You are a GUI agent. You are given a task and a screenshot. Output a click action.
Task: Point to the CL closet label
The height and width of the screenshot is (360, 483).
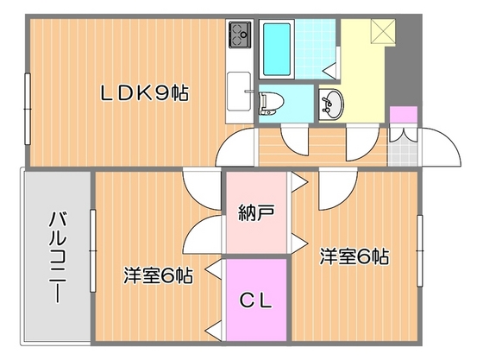tap(255, 301)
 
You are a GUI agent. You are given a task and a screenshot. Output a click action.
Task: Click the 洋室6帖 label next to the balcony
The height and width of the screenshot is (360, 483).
tap(157, 276)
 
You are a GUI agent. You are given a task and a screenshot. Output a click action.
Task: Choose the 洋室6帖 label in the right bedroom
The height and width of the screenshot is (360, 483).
tap(354, 256)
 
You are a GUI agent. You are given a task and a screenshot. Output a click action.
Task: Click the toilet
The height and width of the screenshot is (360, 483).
tap(269, 100)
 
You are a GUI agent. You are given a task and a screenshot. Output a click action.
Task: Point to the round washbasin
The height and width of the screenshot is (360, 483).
tap(329, 104)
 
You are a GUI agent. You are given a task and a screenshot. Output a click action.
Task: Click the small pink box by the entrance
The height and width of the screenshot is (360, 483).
tap(401, 116)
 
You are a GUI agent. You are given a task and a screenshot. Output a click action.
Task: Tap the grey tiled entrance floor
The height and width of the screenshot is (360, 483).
tap(400, 147)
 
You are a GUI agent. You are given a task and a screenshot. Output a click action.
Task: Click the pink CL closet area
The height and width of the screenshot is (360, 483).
tap(256, 319)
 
